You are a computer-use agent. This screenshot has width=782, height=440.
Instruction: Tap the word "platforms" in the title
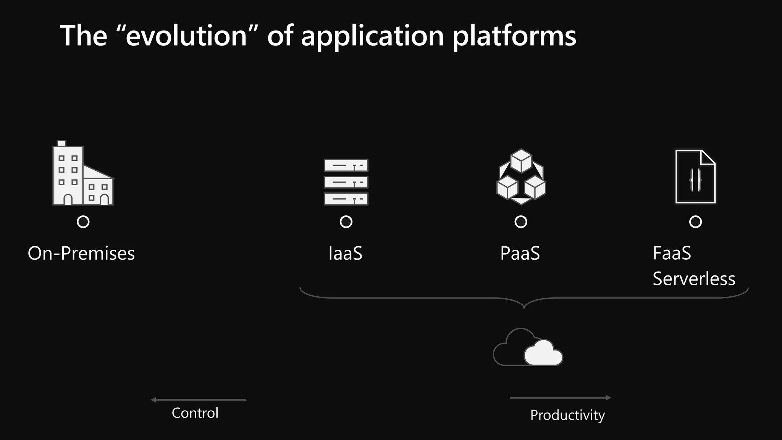pyautogui.click(x=514, y=36)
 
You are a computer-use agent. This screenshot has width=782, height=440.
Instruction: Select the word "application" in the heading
pyautogui.click(x=373, y=36)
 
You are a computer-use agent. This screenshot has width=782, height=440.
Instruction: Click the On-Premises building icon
pyautogui.click(x=82, y=174)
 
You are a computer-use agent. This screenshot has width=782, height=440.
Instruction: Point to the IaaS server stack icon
pyautogui.click(x=346, y=182)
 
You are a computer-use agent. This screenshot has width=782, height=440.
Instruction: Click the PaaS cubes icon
pyautogui.click(x=521, y=176)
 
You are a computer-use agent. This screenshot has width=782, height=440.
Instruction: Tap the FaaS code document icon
pyautogui.click(x=695, y=176)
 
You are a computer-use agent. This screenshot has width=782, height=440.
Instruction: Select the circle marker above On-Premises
pyautogui.click(x=83, y=222)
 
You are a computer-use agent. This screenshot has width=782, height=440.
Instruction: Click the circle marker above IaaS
pyautogui.click(x=346, y=222)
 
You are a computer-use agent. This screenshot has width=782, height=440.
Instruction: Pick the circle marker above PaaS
pyautogui.click(x=521, y=222)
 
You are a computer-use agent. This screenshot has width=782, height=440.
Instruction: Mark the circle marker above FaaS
pyautogui.click(x=695, y=222)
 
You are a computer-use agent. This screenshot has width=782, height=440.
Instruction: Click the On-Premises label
pyautogui.click(x=81, y=253)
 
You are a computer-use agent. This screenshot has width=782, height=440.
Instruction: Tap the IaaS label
pyautogui.click(x=345, y=253)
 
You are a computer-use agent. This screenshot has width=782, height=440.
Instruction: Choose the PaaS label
pyautogui.click(x=520, y=253)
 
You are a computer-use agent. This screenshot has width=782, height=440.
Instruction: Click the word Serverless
pyautogui.click(x=694, y=279)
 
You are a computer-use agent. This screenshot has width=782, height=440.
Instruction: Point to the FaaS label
pyautogui.click(x=672, y=253)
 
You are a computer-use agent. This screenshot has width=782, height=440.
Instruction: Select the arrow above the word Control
pyautogui.click(x=199, y=400)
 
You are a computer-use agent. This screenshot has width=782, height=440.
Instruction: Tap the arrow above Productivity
pyautogui.click(x=560, y=398)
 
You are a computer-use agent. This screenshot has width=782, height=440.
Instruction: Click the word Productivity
pyautogui.click(x=567, y=415)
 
